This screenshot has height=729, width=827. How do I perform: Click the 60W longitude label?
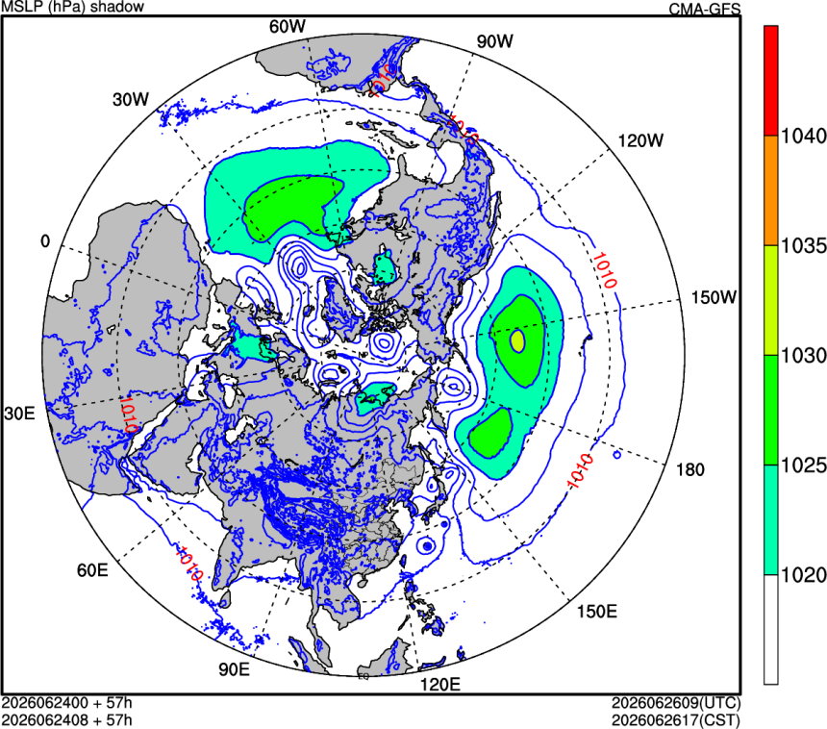point(287,27)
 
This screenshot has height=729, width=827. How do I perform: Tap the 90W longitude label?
point(494,41)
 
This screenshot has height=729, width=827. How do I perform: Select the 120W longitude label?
point(640,140)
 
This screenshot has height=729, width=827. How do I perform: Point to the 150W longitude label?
point(714,297)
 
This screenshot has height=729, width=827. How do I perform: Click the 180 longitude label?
point(690,469)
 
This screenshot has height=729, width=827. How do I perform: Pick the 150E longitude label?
point(597,612)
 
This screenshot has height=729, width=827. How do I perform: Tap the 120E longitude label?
point(439,685)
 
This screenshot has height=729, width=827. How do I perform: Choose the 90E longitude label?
point(235,669)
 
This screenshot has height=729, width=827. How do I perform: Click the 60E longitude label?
point(92,570)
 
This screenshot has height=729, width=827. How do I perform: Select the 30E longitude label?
point(19,414)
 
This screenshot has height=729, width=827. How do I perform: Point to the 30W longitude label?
point(131,100)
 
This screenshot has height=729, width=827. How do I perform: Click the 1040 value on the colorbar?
point(803,137)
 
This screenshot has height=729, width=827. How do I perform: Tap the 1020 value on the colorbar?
point(803,575)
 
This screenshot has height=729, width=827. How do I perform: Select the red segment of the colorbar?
point(770,81)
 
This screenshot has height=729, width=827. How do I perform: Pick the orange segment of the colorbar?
point(770,191)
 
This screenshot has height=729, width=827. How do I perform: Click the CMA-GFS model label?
point(705,9)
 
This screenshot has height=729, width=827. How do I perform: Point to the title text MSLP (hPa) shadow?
point(73,7)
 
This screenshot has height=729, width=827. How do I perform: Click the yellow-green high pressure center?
point(518,340)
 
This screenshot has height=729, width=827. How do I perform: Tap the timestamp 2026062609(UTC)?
point(676,703)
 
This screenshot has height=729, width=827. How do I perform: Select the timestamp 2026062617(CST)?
point(676,720)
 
